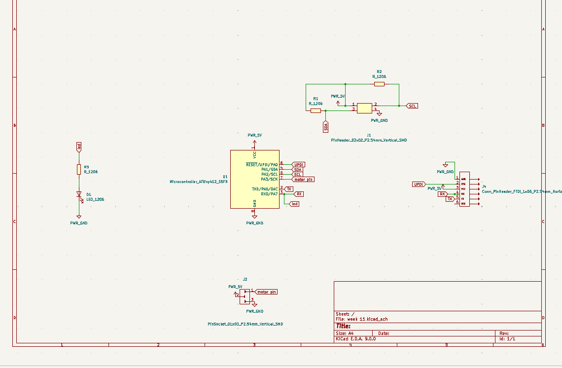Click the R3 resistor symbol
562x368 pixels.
tap(79, 169)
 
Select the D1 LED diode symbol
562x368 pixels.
tap(79, 195)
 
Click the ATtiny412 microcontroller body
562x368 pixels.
tap(254, 179)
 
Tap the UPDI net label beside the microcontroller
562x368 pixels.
tap(299, 164)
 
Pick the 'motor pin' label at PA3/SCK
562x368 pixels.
tap(303, 180)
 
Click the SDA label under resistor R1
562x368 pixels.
tap(326, 127)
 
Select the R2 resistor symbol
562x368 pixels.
tap(379, 84)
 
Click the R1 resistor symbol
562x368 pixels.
tap(316, 110)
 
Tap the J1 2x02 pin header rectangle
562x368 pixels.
tap(365, 108)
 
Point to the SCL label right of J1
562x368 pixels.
tap(412, 106)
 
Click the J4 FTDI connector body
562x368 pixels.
tap(464, 189)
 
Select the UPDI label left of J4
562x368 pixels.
tap(419, 184)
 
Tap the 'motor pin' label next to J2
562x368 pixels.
tap(266, 292)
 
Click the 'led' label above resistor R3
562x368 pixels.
tap(79, 147)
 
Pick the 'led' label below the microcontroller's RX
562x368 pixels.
tap(294, 204)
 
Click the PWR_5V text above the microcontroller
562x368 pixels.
tap(254, 135)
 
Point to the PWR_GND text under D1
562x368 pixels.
tap(79, 223)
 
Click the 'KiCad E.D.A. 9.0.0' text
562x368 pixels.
tap(356, 339)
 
